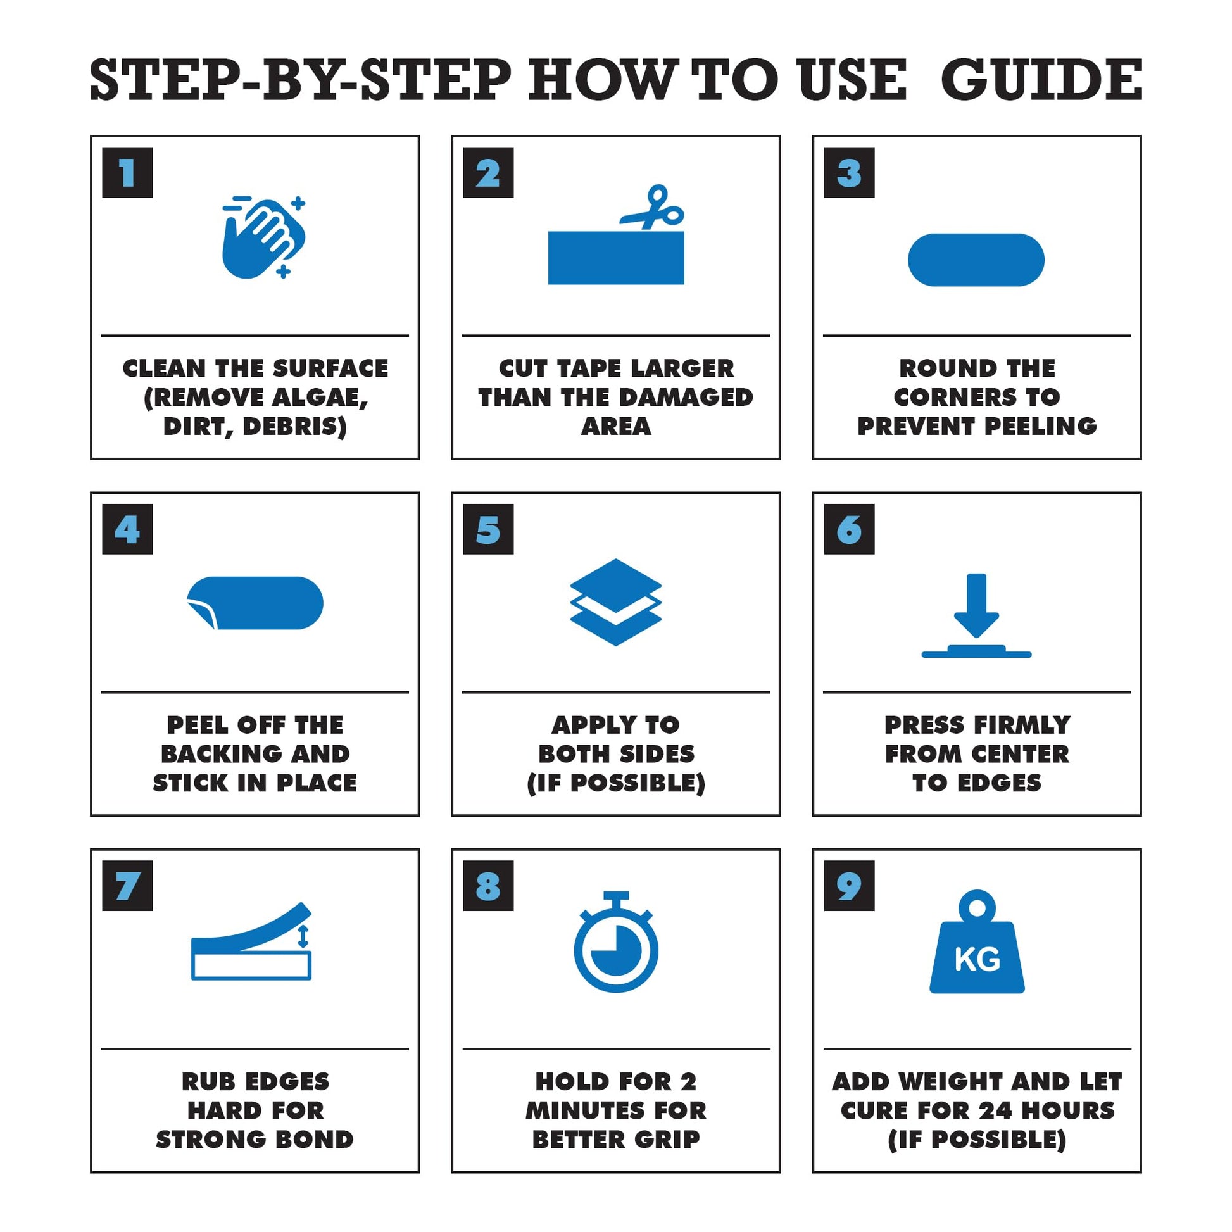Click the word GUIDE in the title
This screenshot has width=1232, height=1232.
click(1041, 80)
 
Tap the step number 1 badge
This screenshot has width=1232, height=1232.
click(127, 172)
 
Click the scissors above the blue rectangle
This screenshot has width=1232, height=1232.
click(651, 207)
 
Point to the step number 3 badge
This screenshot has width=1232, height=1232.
click(850, 172)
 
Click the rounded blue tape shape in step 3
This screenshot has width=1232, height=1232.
click(976, 260)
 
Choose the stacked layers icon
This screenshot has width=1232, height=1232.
click(616, 602)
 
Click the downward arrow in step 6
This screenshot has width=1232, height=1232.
click(976, 605)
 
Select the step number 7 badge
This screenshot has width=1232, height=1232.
click(127, 886)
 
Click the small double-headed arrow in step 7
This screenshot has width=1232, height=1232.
click(303, 936)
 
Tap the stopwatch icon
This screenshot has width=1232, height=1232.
click(616, 941)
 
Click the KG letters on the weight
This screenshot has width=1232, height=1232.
click(977, 960)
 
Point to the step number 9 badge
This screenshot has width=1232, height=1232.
click(850, 886)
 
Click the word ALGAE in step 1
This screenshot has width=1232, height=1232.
click(318, 398)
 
